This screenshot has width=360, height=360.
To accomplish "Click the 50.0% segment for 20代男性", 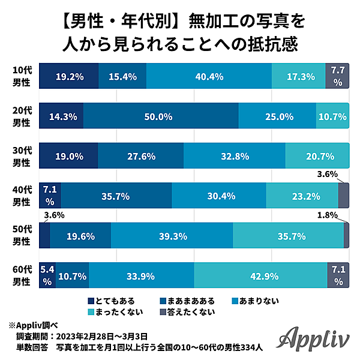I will coord(161,116).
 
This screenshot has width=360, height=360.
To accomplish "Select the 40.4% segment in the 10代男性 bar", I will coord(209,76).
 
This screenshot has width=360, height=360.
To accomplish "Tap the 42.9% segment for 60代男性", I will coord(260,277).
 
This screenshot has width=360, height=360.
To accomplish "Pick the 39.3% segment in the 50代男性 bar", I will coord(172,236).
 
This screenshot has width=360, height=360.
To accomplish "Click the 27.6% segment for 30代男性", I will coord(140,156).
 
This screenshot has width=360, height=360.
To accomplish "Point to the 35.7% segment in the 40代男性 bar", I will coord(116,196).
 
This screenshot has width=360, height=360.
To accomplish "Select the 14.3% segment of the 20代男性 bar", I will coord(61,116).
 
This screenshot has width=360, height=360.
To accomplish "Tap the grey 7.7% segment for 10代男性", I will coord(337,76).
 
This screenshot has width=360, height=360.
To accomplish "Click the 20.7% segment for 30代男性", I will coord(317,156).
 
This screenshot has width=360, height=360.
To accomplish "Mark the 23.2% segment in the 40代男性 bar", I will coord(302,196).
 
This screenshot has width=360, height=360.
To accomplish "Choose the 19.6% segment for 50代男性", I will coord(80,236).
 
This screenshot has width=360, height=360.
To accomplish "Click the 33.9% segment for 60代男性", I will coord(141,277).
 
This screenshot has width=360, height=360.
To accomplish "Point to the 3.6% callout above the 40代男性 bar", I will coord(327,174).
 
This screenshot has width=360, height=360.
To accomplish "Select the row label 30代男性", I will coord(22,156).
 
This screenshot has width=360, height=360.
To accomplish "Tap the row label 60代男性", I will coord(22,277).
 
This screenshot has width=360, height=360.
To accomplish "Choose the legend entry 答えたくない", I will coord(186,311).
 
